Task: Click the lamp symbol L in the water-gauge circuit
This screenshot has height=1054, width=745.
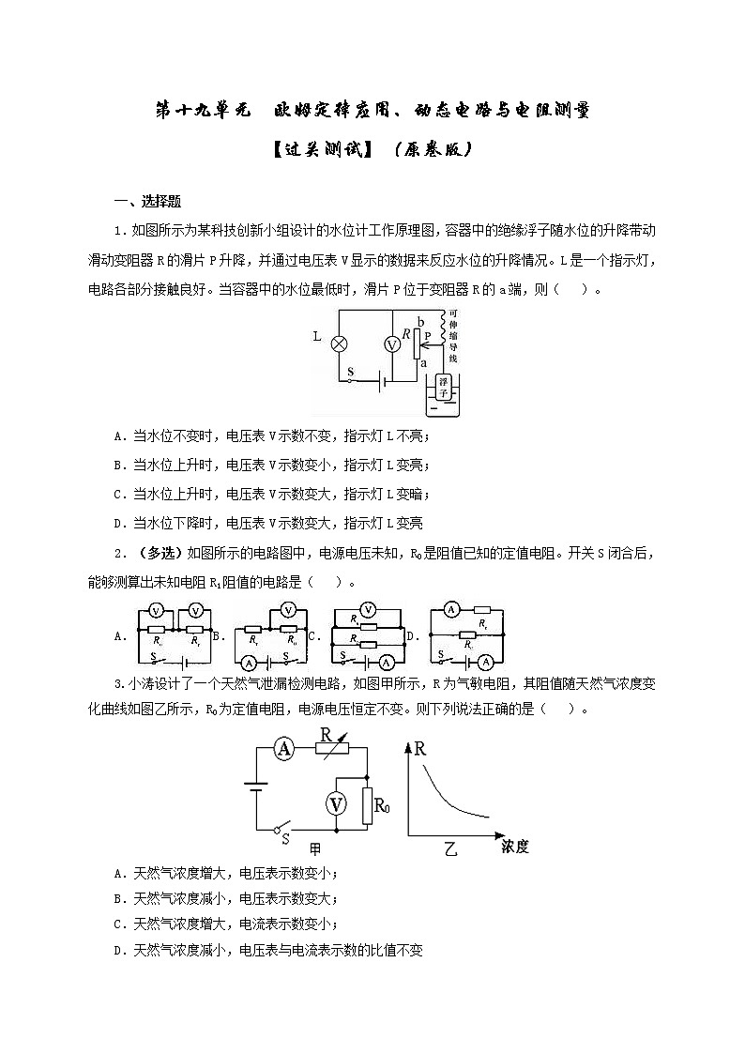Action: pos(341,344)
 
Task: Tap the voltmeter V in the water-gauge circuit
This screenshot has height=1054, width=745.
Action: pos(393,345)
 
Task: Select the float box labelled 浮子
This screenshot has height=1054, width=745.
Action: pos(448,387)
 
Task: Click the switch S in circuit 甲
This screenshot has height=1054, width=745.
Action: pos(279,830)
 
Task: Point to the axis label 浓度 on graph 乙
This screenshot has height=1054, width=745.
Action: pos(515,847)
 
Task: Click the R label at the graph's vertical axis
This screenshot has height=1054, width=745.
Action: pos(419,749)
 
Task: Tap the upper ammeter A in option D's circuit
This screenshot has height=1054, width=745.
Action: pos(449,610)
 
